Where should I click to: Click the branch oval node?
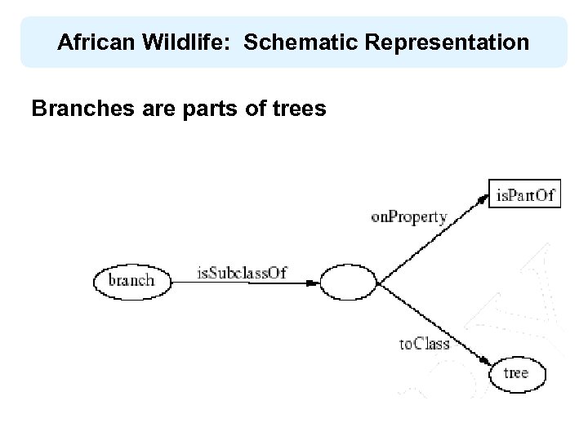(x=131, y=280)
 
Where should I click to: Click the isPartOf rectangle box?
(x=524, y=194)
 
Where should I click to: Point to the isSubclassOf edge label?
(x=242, y=273)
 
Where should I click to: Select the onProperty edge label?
(x=409, y=217)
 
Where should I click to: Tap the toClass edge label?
(x=424, y=344)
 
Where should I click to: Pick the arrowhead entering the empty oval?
(x=314, y=283)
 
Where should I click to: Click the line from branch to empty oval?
(x=245, y=283)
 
